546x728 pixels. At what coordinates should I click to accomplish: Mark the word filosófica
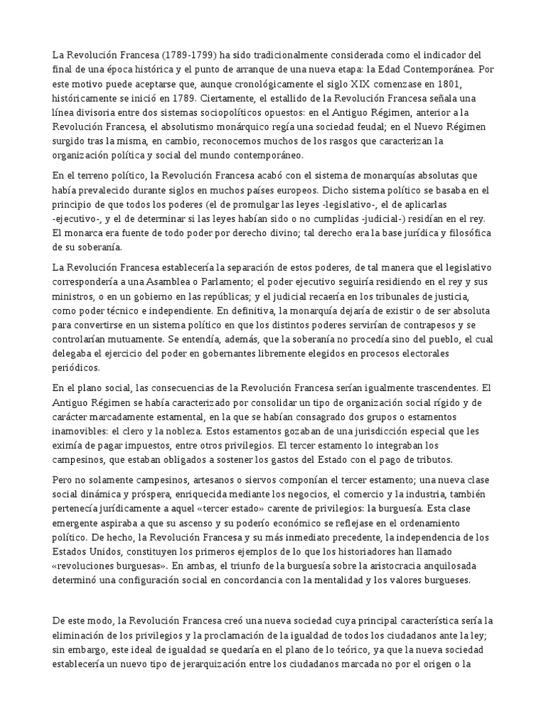click(x=464, y=234)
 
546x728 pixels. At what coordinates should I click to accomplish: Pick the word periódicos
click(x=77, y=368)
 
